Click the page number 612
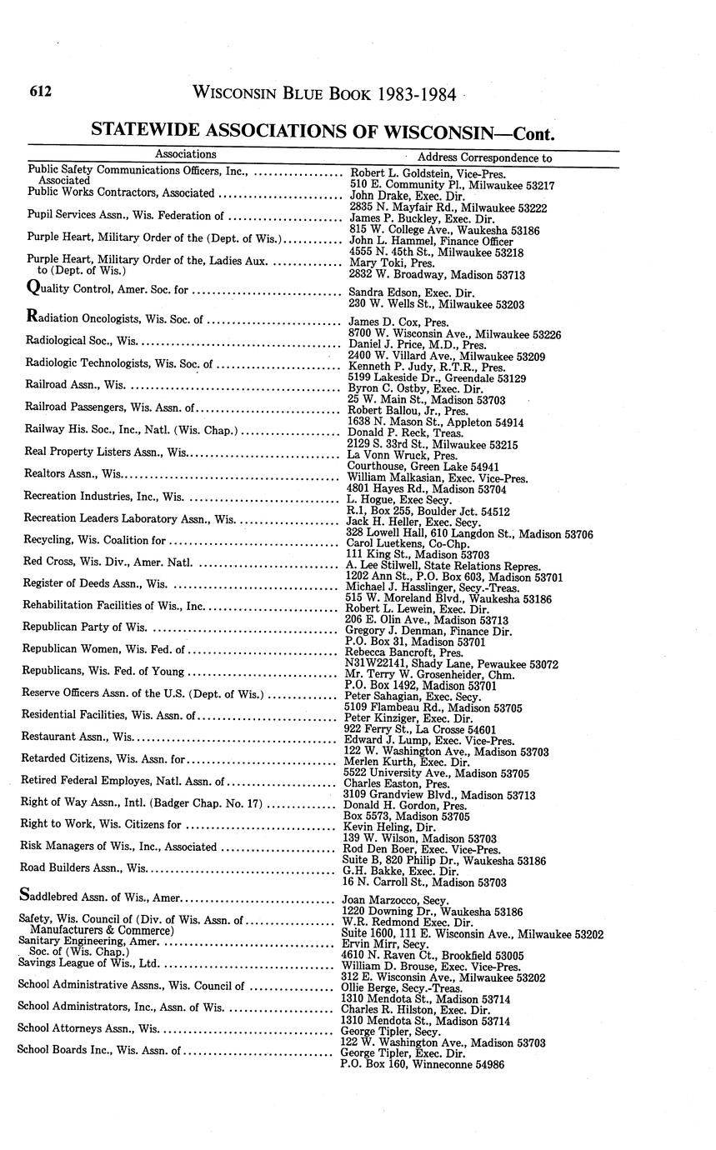[x=40, y=92]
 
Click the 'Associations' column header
[x=186, y=154]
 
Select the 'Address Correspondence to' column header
[x=484, y=157]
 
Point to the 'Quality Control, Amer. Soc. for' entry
[x=108, y=291]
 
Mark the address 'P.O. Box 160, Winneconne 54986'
[x=423, y=1064]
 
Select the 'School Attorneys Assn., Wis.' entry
[x=88, y=1028]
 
